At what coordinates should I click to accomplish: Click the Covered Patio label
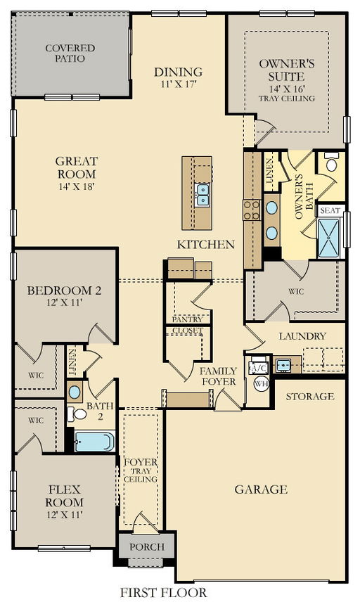70,53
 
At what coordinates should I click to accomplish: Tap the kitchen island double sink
203,195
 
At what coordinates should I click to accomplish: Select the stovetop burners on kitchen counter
252,210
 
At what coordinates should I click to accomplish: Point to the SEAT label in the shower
330,210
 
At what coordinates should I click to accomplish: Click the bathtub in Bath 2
94,441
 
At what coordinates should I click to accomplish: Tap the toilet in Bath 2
77,414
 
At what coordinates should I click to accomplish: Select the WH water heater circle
261,384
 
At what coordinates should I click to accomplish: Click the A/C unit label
258,368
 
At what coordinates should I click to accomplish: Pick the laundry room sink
283,365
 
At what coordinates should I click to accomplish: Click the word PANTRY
187,319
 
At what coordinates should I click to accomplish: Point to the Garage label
261,489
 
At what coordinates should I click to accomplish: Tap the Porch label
147,546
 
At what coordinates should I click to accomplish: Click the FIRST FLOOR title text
163,592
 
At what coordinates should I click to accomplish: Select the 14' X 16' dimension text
287,89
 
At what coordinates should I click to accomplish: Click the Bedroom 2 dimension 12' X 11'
65,302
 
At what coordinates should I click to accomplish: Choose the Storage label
310,396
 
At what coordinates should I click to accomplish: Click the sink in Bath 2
75,392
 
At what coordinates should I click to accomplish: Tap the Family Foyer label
218,376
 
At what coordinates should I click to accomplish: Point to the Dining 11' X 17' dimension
178,84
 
